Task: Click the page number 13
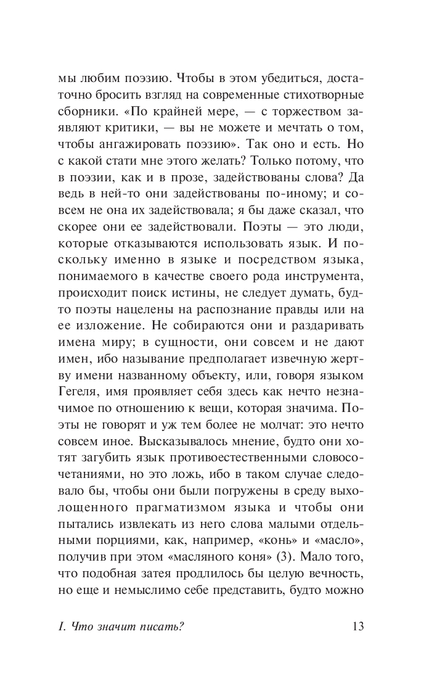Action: (358, 627)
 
